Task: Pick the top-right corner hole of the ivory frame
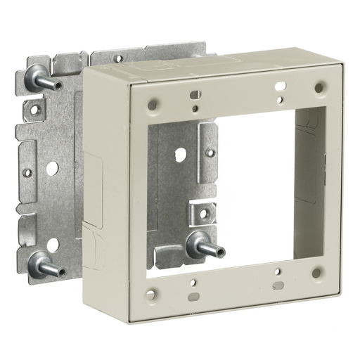[x=319, y=87]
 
